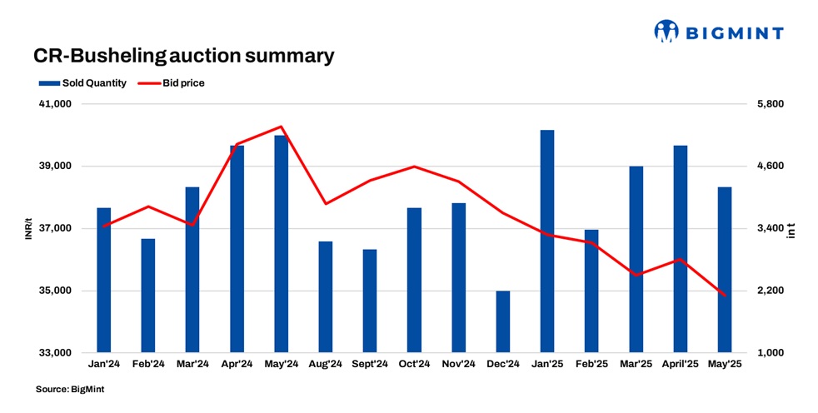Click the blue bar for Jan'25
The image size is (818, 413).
547,241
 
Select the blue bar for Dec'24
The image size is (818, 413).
503,321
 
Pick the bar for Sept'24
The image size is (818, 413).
370,301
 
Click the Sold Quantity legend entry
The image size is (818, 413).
82,82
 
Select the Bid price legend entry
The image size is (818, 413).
172,82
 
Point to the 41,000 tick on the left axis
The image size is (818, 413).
56,104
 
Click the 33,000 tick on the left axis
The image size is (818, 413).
56,353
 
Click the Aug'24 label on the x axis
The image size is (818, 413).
326,364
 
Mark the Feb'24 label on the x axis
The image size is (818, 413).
148,364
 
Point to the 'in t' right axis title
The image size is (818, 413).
791,229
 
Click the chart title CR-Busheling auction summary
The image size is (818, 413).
183,56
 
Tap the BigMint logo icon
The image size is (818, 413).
666,32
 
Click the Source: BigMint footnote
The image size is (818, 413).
70,389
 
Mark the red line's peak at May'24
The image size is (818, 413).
282,127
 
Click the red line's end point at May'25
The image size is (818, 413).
725,296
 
